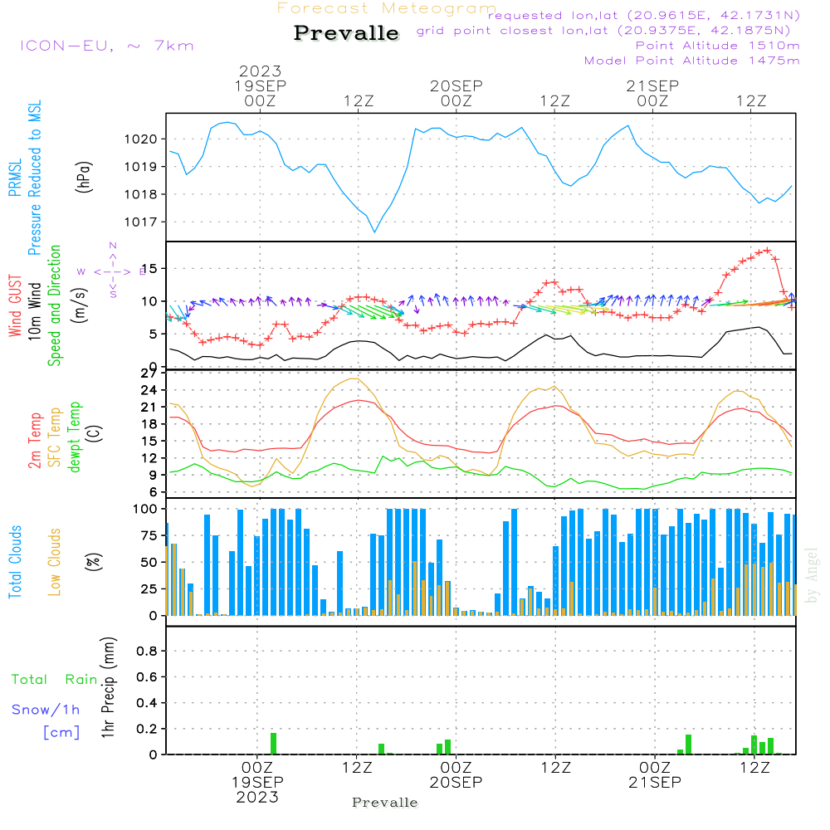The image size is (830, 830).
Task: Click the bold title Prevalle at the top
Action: tap(346, 34)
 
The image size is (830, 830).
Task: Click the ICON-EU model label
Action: tap(106, 46)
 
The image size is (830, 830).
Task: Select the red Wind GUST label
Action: tap(15, 308)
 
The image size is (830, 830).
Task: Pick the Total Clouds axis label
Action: tap(15, 562)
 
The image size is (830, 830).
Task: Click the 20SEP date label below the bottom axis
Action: tap(456, 782)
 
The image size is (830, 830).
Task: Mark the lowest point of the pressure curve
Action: tap(374, 232)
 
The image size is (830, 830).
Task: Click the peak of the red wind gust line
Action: tap(768, 249)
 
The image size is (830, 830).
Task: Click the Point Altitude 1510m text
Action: tap(717, 46)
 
